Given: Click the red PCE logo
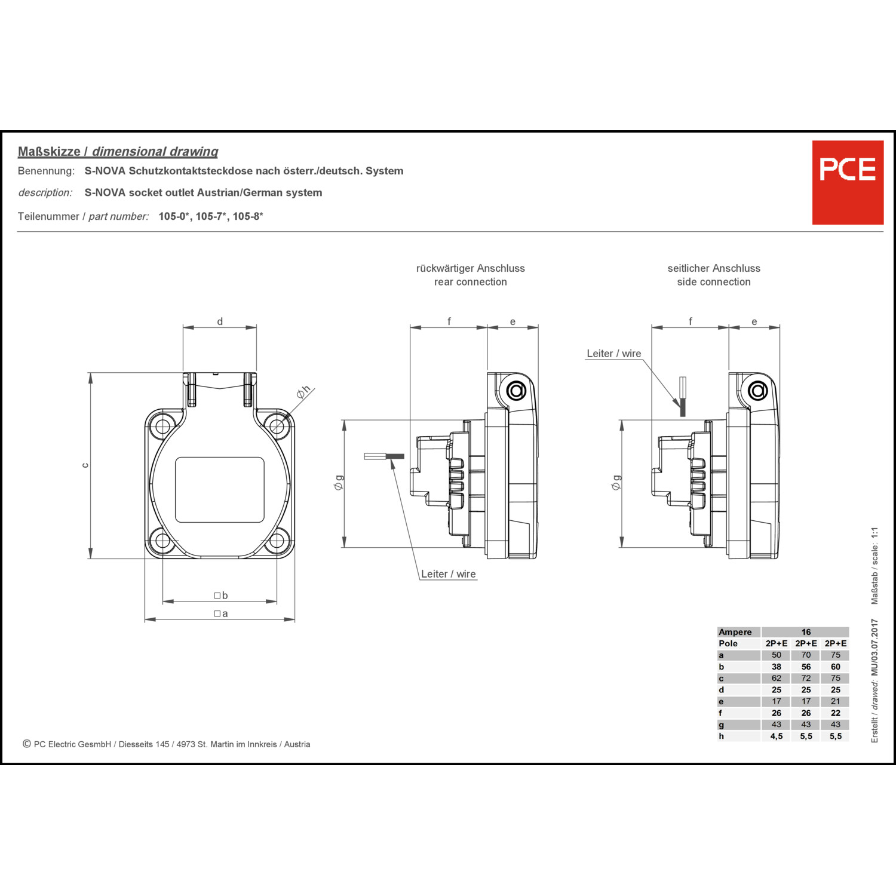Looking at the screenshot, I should coord(848,182).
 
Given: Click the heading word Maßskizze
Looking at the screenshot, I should coord(49,152).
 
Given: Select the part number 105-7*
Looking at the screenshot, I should coord(211,216).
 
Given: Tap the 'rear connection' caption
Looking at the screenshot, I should coord(470,282).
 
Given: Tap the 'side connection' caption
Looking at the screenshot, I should coord(713,282).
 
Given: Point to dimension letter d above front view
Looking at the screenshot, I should coord(220,321).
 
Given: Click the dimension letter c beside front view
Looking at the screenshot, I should coord(85,465).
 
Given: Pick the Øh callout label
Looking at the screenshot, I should coord(303,392).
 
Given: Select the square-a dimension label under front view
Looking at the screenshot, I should coord(221,613).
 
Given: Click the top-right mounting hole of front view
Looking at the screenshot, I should coord(277,426).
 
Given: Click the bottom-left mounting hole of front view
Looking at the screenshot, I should coord(162,541).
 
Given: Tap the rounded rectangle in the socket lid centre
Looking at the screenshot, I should coord(219,490).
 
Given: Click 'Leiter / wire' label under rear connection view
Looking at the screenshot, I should coord(448,574).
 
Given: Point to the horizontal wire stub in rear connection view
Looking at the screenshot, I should coord(383,456).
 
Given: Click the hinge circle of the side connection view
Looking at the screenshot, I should coord(758,391).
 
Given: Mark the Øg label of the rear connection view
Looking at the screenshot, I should coord(339,483).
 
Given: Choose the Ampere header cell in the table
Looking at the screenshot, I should coord(735,632).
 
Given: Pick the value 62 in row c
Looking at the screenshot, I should coord(776,678).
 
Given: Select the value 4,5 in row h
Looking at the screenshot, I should coord(776,736).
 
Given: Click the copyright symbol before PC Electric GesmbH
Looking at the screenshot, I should coord(27,744).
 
